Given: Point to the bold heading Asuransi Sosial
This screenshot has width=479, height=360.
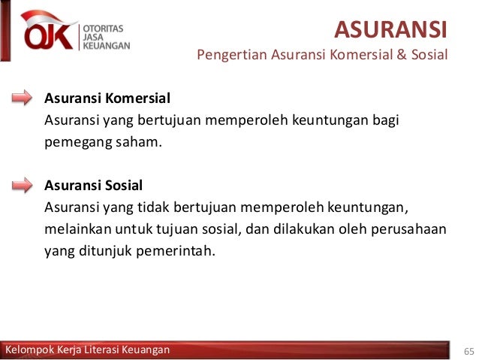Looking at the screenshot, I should pyautogui.click(x=94, y=185).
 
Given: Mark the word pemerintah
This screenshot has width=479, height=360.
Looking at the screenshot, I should pyautogui.click(x=175, y=249).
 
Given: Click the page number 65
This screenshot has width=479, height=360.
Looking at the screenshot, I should pyautogui.click(x=469, y=351).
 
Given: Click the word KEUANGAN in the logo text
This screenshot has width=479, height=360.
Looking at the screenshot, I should pyautogui.click(x=106, y=44).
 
